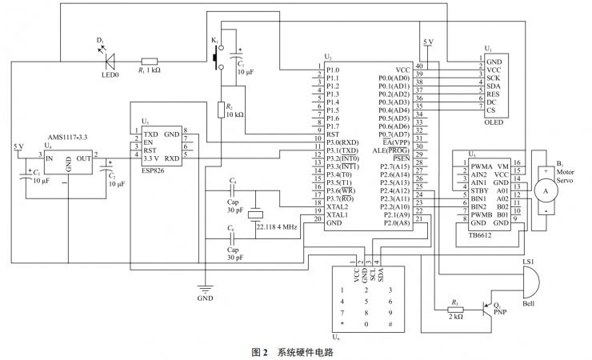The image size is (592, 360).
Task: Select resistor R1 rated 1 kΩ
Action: (x=149, y=61)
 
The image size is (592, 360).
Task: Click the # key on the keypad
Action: (x=390, y=325)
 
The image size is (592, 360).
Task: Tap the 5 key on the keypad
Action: (x=366, y=301)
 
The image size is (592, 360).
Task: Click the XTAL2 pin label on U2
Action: (x=338, y=206)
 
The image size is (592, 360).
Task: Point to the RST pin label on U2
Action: (x=332, y=134)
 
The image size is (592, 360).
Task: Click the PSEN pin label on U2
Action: (x=400, y=158)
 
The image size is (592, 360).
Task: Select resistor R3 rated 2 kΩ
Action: (x=455, y=309)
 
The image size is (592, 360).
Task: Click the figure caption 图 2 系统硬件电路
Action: (x=292, y=351)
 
